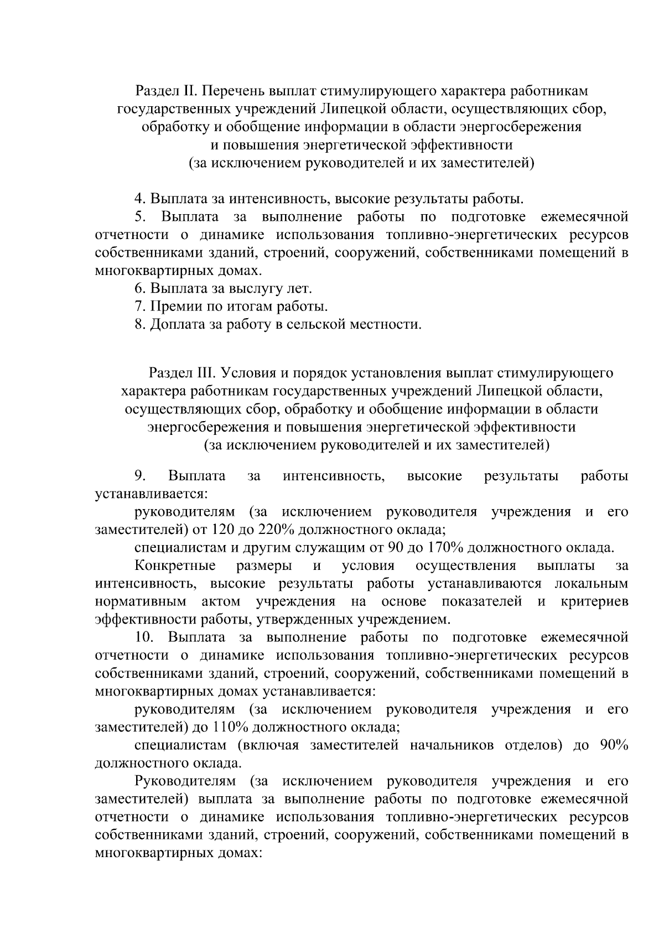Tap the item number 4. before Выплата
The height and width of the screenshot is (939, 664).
[x=139, y=199]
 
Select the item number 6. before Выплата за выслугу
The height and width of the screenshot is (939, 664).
[x=139, y=289]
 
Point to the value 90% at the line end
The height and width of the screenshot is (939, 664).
[x=614, y=745]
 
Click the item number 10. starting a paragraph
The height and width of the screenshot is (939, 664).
[x=144, y=637]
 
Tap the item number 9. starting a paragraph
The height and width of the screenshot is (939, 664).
[x=140, y=476]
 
